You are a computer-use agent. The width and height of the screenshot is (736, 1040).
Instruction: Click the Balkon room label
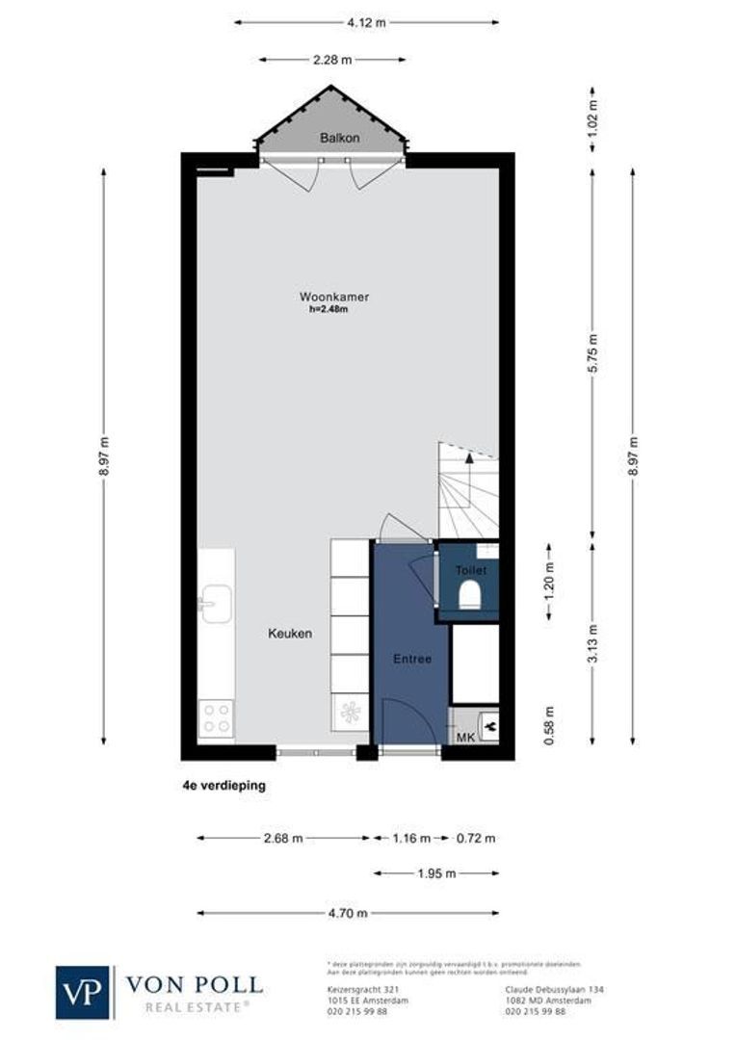coord(339,138)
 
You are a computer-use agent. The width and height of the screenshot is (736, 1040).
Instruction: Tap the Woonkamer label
coord(333,297)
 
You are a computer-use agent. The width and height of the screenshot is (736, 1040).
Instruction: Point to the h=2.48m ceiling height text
coord(328,309)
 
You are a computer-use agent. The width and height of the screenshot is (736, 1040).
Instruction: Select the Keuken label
coord(289,634)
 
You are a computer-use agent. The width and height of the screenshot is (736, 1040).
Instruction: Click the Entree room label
coord(411,660)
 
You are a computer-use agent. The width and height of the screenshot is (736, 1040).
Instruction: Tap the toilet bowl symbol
coord(471,598)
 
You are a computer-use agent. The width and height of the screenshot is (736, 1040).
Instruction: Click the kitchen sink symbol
coord(215,604)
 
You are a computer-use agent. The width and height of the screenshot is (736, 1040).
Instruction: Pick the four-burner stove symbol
coord(215,719)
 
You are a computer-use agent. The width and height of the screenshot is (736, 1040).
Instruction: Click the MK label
coord(464,737)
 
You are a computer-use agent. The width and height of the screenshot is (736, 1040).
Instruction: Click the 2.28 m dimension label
coord(332,60)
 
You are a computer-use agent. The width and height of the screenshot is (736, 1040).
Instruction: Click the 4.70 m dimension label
coord(348,913)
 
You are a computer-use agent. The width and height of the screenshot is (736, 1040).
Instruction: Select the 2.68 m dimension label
coord(283,838)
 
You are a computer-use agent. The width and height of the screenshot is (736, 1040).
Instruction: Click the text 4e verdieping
coord(223,786)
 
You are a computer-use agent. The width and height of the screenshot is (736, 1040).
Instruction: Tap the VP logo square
coord(84,992)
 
